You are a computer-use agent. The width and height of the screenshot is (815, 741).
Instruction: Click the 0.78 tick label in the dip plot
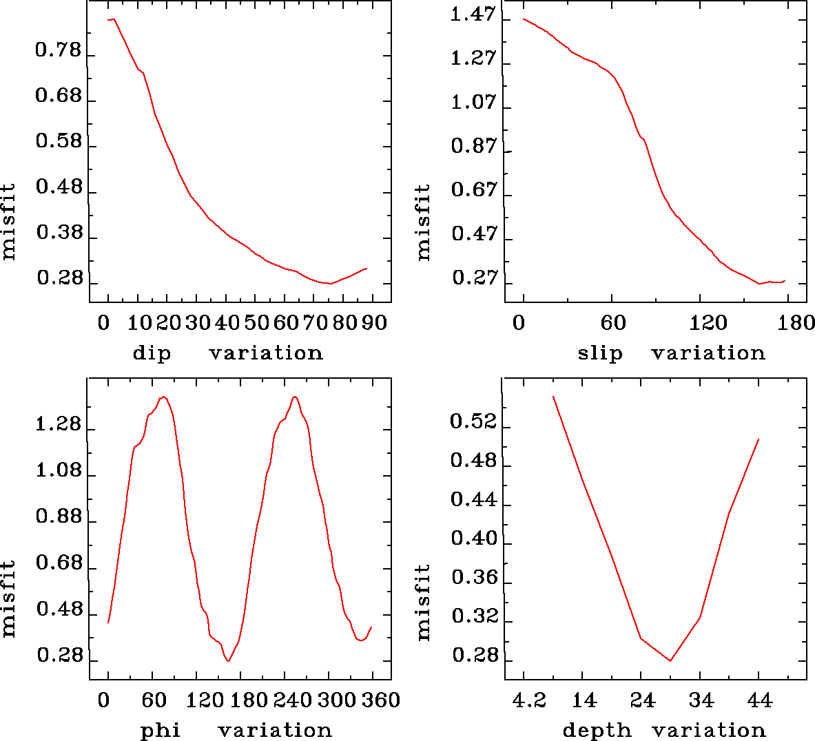[x=58, y=50]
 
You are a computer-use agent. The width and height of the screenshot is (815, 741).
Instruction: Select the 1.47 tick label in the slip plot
[x=473, y=14]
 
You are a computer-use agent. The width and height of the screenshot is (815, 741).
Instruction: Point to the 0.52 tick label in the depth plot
[x=473, y=421]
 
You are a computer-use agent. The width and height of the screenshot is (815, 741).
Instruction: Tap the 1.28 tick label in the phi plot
[x=58, y=425]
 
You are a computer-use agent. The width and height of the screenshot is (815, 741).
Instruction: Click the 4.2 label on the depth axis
[x=530, y=700]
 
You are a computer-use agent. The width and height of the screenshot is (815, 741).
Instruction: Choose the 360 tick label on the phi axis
[x=381, y=700]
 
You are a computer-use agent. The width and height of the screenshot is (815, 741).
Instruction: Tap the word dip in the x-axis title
[x=152, y=353]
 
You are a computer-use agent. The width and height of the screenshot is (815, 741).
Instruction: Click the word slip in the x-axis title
[x=599, y=353]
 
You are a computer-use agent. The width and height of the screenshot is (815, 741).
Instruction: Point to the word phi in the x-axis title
[x=160, y=730]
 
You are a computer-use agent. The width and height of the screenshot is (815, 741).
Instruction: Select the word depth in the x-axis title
[x=597, y=730]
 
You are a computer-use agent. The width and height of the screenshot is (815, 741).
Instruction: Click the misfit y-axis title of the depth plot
[x=423, y=602]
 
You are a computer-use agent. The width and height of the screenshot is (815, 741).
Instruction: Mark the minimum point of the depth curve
[x=670, y=661]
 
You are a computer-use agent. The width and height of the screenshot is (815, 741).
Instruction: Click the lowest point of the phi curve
[x=228, y=661]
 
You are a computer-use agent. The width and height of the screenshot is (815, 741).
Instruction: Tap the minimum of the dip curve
[x=331, y=283]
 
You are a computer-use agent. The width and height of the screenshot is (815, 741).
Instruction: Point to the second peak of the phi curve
[x=295, y=397]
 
